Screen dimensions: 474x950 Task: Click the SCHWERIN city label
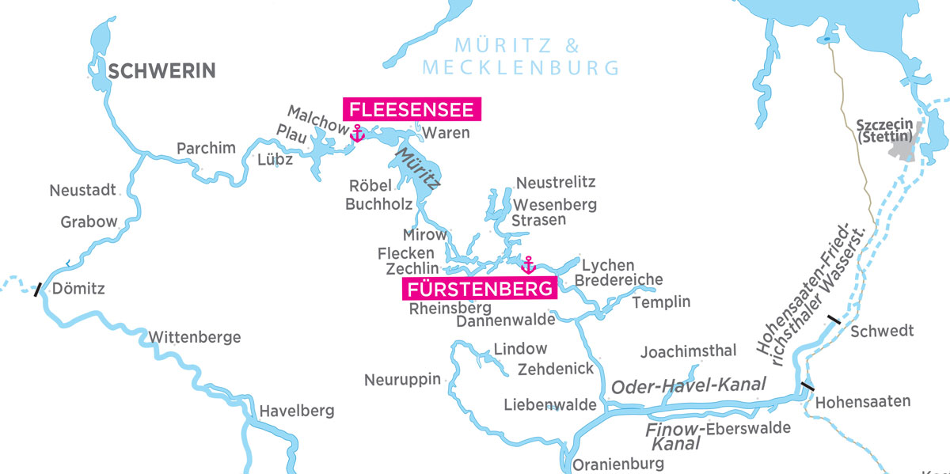(161, 72)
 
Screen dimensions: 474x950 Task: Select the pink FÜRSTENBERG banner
(481, 290)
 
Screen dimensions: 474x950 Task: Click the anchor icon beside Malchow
(357, 133)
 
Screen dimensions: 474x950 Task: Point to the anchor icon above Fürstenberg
(528, 264)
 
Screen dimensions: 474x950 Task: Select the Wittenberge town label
(194, 338)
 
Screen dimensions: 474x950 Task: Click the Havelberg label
(297, 411)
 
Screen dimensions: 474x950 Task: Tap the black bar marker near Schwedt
(833, 320)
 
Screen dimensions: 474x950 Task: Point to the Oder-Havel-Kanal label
(689, 385)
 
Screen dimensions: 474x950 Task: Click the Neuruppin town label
(402, 380)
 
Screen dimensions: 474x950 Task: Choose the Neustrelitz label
(555, 183)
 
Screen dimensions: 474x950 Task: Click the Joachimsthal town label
(688, 351)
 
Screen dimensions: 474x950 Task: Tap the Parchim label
(206, 148)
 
